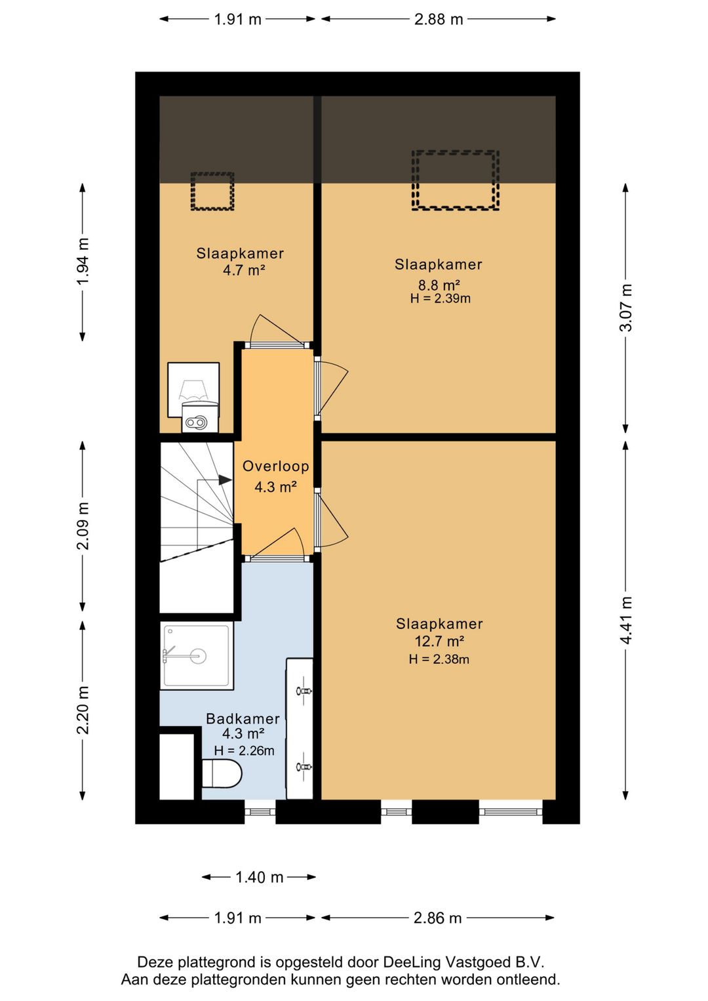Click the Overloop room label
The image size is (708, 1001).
pyautogui.click(x=275, y=466)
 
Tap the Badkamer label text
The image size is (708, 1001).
pyautogui.click(x=243, y=718)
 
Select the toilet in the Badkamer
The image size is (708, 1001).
pyautogui.click(x=222, y=773)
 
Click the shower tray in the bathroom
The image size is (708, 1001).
pyautogui.click(x=197, y=656)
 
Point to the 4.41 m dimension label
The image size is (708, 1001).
pyautogui.click(x=626, y=621)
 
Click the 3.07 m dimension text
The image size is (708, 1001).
pyautogui.click(x=626, y=308)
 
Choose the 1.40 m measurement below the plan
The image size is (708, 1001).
pyautogui.click(x=259, y=877)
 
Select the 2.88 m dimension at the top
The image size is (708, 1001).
pyautogui.click(x=438, y=19)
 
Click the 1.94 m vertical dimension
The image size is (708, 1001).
pyautogui.click(x=83, y=262)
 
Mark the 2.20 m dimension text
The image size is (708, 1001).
pyautogui.click(x=83, y=710)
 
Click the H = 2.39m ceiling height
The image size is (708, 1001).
pyautogui.click(x=440, y=298)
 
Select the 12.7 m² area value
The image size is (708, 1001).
pyautogui.click(x=439, y=642)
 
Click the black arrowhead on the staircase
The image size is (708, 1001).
pyautogui.click(x=225, y=480)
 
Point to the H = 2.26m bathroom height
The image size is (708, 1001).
pyautogui.click(x=244, y=750)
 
